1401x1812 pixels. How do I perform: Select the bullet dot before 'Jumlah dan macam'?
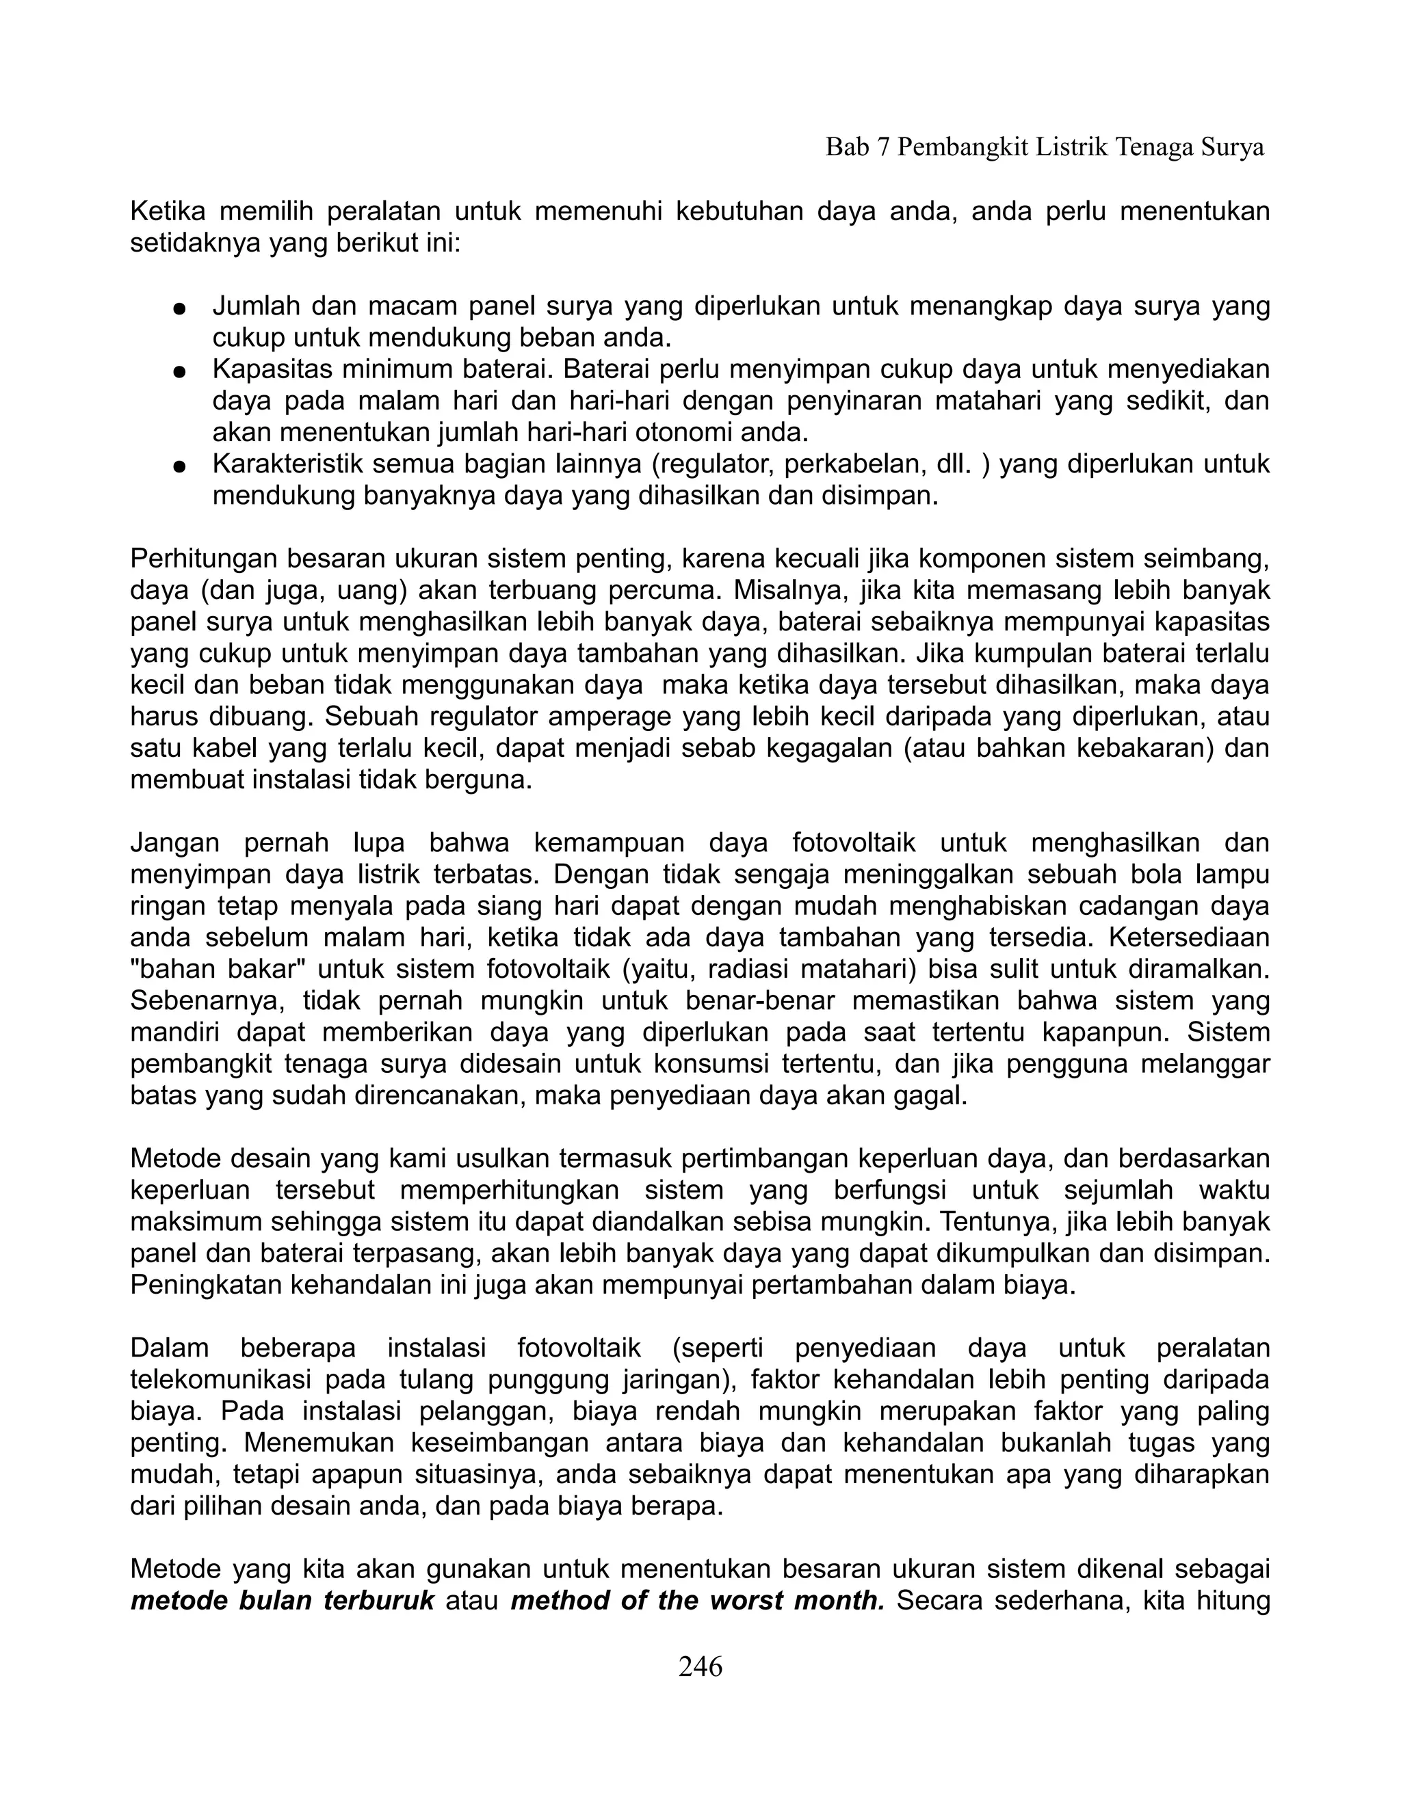click(178, 308)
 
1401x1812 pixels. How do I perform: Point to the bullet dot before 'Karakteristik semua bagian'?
click(178, 466)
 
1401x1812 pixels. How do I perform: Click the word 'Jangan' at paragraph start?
click(174, 843)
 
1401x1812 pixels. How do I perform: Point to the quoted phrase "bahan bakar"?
click(218, 969)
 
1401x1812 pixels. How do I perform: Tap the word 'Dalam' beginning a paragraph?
click(170, 1348)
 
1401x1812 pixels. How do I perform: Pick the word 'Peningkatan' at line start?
click(206, 1285)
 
